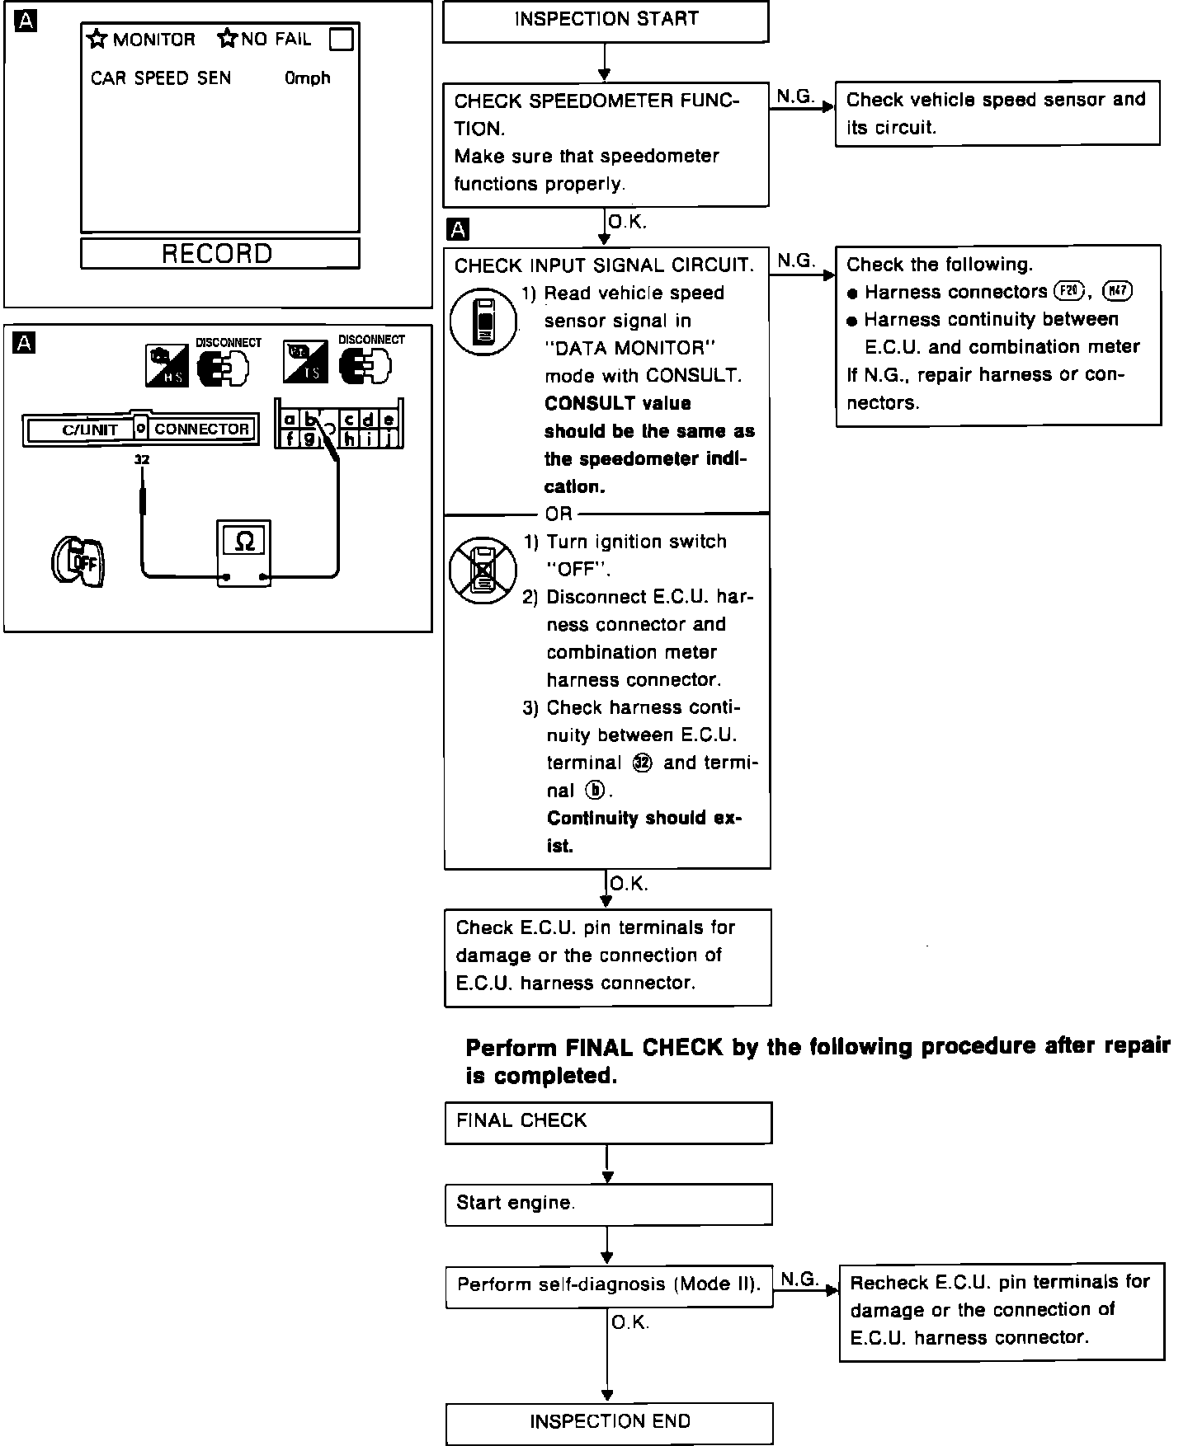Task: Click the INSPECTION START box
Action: tap(606, 21)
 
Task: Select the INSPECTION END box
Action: tap(609, 1421)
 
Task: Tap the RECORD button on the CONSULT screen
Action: tap(219, 253)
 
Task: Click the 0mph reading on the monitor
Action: tap(308, 78)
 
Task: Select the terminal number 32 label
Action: tap(142, 460)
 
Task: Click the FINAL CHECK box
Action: tap(608, 1121)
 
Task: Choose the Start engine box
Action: tap(608, 1204)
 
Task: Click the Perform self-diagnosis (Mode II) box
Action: tap(609, 1284)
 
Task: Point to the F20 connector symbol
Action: tap(1070, 291)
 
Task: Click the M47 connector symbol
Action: tap(1118, 291)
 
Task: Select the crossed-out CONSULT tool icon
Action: tap(483, 570)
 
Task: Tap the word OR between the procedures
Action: tap(559, 514)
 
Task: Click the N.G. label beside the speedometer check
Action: tap(795, 96)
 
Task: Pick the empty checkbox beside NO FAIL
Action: tap(341, 40)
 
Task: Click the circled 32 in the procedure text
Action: tap(642, 763)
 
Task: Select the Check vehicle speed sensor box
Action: tap(997, 113)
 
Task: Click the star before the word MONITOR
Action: tap(98, 40)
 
